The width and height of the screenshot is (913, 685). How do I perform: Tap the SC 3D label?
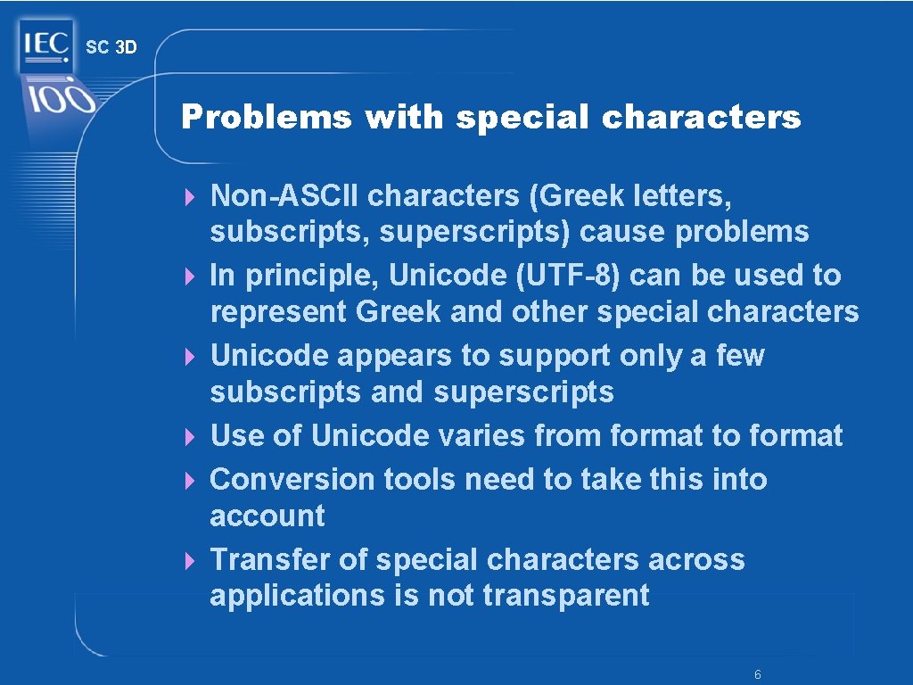(x=111, y=47)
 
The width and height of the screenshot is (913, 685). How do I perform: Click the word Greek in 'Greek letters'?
(x=581, y=194)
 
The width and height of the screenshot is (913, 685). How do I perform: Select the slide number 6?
(x=757, y=675)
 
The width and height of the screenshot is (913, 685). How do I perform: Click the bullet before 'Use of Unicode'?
(x=189, y=437)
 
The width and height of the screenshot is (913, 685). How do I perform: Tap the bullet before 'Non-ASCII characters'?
(x=189, y=196)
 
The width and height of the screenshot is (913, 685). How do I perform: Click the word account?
(x=267, y=516)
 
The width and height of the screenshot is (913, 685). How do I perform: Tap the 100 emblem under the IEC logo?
(x=59, y=98)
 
